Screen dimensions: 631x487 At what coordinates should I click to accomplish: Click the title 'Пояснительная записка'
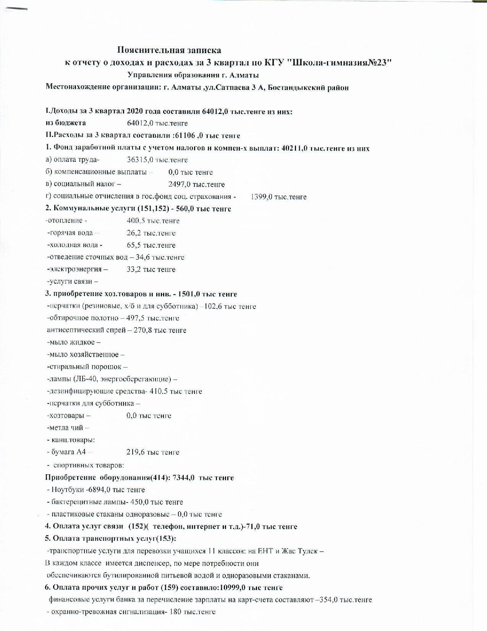(169, 50)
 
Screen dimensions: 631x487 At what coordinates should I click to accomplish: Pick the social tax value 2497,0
(180, 184)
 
